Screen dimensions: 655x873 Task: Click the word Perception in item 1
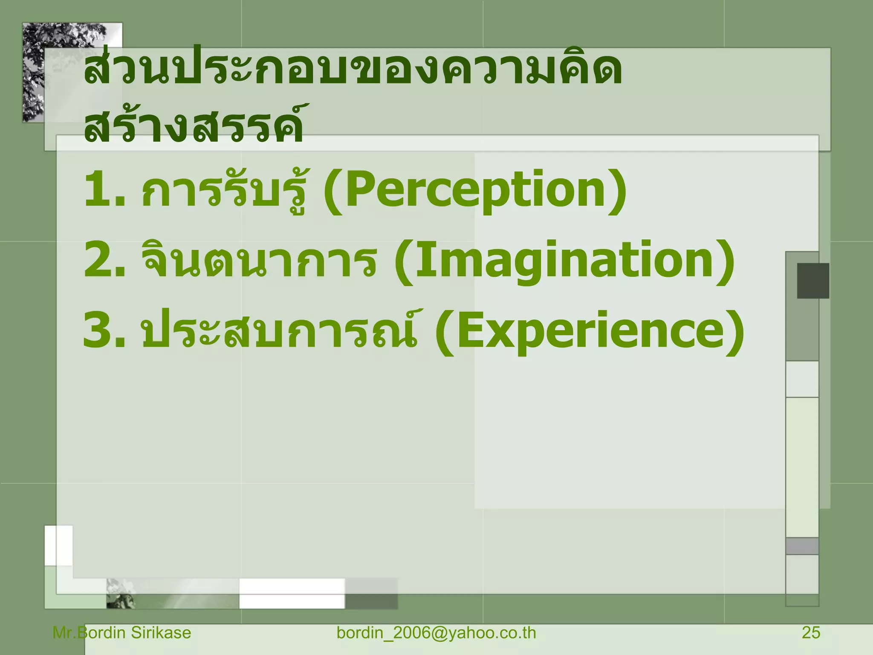(475, 190)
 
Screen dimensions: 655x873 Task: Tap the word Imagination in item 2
(564, 261)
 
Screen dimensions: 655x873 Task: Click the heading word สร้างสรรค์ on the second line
(194, 125)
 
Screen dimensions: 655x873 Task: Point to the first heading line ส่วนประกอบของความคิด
(353, 70)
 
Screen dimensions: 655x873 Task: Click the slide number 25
(810, 633)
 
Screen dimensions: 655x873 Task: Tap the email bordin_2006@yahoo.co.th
(436, 633)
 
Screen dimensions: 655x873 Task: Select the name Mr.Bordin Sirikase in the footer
(122, 633)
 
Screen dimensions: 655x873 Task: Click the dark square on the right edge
(813, 281)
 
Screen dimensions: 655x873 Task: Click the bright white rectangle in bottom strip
(292, 593)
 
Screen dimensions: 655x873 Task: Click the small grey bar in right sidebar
(802, 546)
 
